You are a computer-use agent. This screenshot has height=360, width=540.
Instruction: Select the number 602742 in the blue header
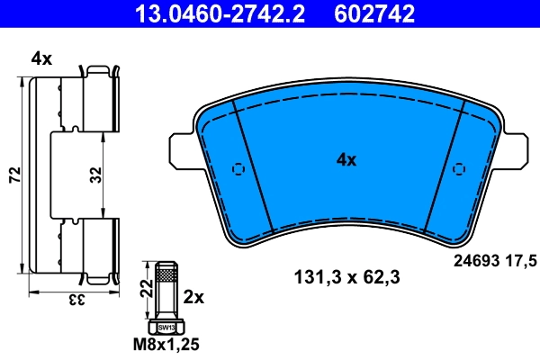click(x=376, y=13)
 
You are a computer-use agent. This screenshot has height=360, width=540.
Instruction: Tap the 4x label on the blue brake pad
click(x=346, y=160)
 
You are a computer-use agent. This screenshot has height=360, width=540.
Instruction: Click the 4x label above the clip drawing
click(x=41, y=59)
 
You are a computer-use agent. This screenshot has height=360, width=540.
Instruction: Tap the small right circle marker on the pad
click(x=458, y=169)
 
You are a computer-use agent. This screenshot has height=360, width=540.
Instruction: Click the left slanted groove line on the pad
click(x=253, y=166)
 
